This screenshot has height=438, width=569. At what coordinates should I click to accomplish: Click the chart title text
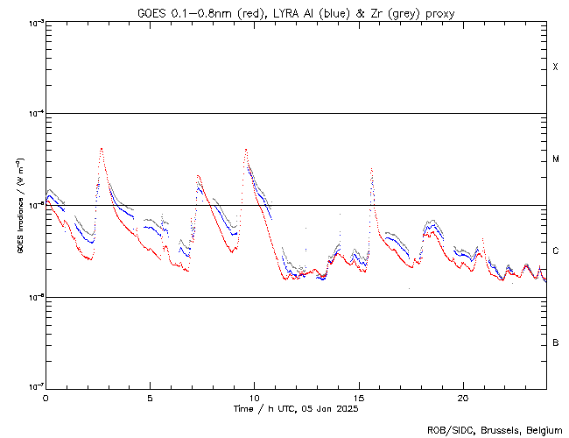(295, 13)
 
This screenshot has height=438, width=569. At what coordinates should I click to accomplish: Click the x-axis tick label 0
(46, 397)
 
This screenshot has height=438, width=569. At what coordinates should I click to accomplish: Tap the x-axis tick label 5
(150, 397)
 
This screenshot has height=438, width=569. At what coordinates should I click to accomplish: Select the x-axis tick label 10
(254, 397)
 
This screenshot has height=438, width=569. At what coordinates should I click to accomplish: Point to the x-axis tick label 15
(359, 397)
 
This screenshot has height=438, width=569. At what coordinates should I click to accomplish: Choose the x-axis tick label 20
(463, 397)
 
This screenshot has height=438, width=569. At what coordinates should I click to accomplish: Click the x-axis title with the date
(296, 408)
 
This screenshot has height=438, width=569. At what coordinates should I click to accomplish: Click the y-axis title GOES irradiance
(19, 206)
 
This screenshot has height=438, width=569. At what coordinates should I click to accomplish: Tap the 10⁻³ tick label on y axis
(35, 23)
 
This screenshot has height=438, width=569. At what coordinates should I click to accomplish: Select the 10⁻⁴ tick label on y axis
(35, 114)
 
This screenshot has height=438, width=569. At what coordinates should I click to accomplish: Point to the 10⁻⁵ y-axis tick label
(35, 205)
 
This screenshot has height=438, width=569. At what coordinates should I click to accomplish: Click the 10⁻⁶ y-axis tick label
(35, 297)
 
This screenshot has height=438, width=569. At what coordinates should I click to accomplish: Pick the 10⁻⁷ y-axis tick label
(35, 387)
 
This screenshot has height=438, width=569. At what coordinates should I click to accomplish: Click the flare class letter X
(555, 67)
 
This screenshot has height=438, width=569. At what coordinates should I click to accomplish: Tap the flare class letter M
(555, 159)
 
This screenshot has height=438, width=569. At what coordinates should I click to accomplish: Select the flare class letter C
(555, 251)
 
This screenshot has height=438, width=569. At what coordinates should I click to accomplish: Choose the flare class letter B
(555, 343)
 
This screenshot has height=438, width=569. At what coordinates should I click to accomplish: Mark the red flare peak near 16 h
(372, 168)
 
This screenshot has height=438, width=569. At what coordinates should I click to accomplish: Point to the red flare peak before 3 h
(102, 149)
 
